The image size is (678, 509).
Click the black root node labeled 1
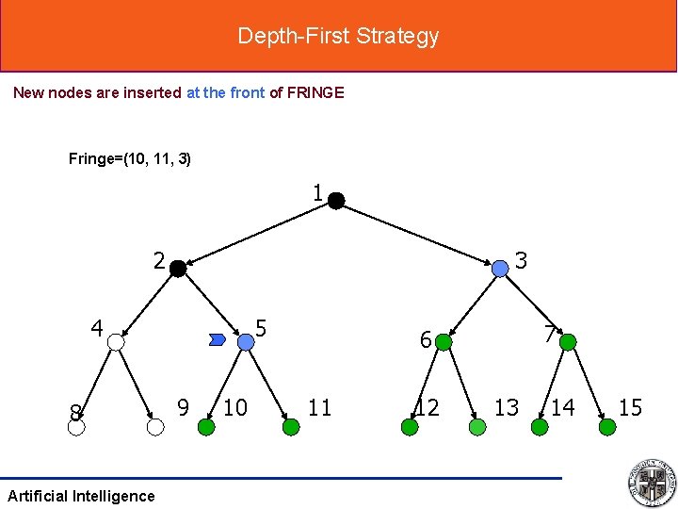336,200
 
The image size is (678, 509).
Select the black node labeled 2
177,268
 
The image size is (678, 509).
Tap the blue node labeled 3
500,268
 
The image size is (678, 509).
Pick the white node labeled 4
116,342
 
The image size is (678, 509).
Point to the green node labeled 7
567,342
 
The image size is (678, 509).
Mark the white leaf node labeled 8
76,427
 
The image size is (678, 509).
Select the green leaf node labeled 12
410,427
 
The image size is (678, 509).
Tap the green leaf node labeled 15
607,427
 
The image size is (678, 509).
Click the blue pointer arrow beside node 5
218,338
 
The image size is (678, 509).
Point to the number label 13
507,407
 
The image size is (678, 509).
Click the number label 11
320,407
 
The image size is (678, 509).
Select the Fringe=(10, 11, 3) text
130,158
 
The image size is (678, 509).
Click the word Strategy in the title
402,36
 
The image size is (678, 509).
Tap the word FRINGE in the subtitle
315,92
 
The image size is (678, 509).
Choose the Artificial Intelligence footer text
81,496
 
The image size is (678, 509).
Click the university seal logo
651,482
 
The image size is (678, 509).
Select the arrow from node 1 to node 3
419,234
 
